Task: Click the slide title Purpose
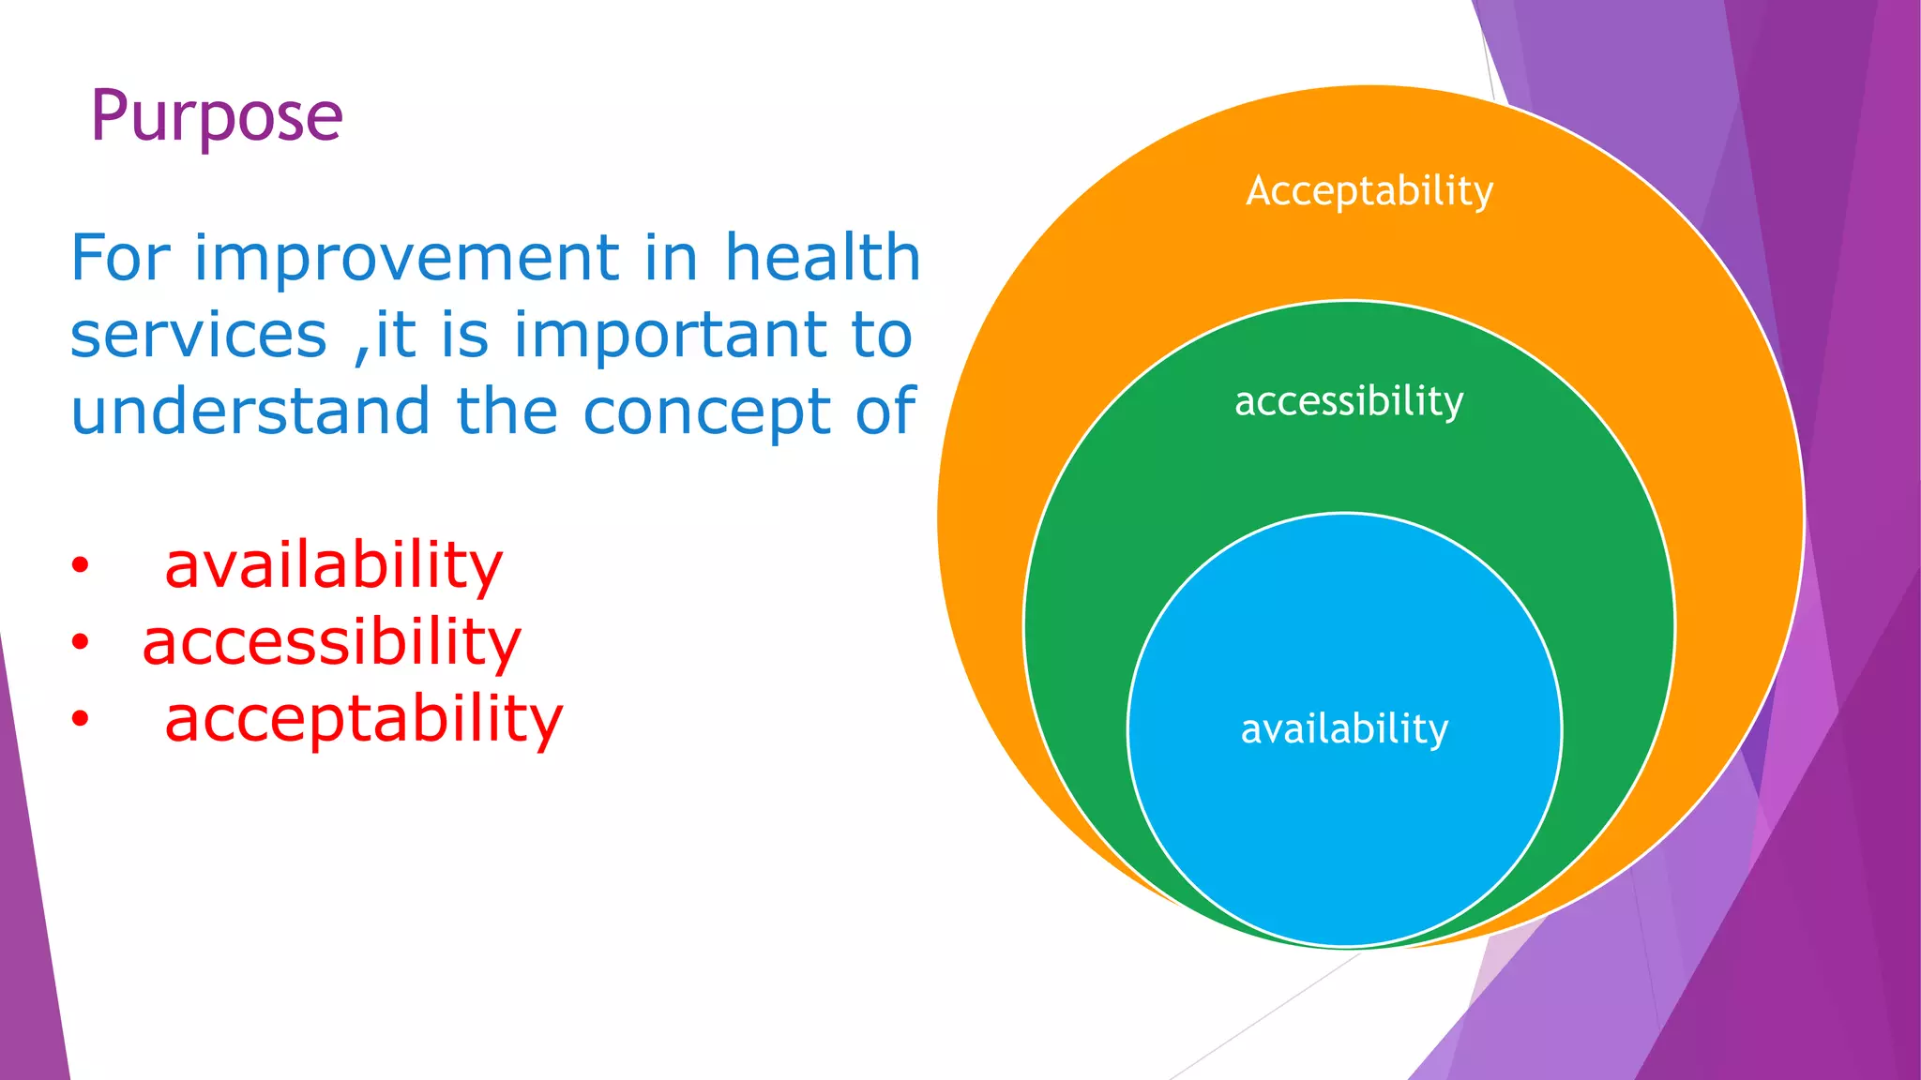[217, 116]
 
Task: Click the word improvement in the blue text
[406, 258]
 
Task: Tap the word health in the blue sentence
[823, 258]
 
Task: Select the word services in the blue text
[198, 336]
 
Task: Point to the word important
[672, 336]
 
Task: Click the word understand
[250, 412]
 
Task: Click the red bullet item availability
[334, 566]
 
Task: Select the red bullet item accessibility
[331, 643]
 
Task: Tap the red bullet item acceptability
[364, 720]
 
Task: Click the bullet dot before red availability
[81, 566]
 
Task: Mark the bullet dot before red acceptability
[81, 720]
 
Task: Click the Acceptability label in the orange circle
[1369, 192]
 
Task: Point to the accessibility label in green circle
[1349, 401]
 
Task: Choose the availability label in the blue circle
[1344, 729]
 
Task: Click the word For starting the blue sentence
[120, 258]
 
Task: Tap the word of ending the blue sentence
[885, 412]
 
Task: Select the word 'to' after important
[882, 336]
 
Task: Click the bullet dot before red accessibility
[81, 643]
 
